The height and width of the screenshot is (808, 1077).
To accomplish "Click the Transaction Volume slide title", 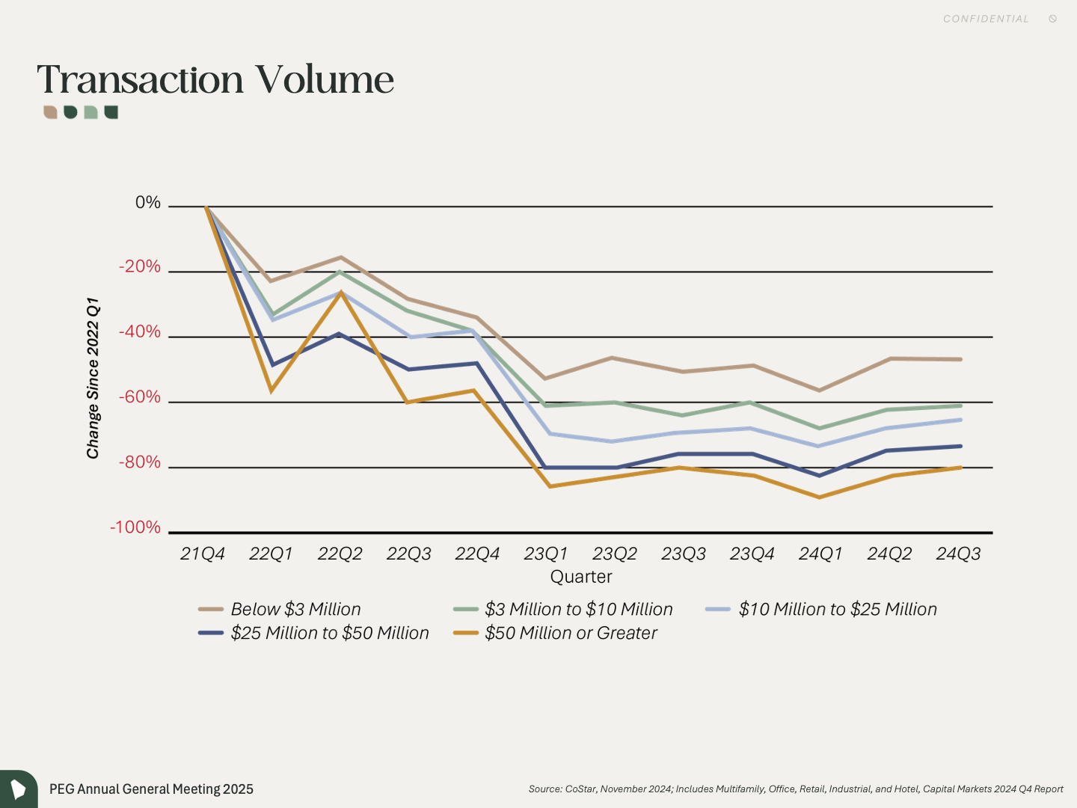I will tap(215, 79).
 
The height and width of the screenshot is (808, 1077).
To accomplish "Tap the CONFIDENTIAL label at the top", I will tap(986, 19).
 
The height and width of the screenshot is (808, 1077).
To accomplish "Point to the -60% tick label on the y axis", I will tap(140, 397).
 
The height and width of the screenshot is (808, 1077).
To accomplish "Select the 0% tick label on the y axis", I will tap(148, 203).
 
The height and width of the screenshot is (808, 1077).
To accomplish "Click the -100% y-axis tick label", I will tap(135, 527).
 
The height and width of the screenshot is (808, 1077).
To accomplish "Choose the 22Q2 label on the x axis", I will tap(340, 554).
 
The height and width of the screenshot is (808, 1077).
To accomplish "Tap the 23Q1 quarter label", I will tap(546, 554).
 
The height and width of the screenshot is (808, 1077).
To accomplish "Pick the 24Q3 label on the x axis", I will tap(958, 554).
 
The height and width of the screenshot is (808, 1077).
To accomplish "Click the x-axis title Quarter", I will tap(581, 577).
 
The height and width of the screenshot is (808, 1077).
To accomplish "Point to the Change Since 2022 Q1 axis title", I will tap(93, 378).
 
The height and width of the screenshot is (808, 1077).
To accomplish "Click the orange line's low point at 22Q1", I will tap(271, 391).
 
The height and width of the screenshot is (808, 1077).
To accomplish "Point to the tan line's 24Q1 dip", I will tap(820, 391).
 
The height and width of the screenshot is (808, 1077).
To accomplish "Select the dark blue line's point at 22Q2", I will tap(340, 334).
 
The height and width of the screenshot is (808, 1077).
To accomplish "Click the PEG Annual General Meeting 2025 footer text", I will tap(151, 789).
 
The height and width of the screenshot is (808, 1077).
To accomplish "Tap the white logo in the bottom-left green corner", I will tap(18, 789).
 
